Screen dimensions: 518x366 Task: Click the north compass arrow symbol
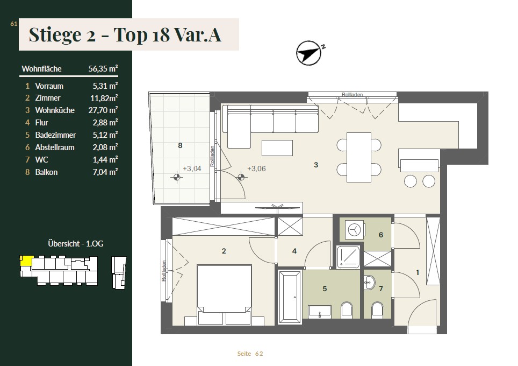click(308, 53)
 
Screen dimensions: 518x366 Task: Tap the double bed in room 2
click(224, 294)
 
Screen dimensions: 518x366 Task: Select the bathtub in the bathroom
click(290, 297)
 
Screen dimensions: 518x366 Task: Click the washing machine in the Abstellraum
click(354, 230)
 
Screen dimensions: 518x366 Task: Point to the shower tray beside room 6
click(348, 257)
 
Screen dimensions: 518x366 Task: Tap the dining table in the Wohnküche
click(359, 157)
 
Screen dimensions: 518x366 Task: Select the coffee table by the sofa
click(277, 148)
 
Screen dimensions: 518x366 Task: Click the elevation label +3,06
click(256, 168)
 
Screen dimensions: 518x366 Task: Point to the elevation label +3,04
click(192, 168)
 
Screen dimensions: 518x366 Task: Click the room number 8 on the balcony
click(180, 145)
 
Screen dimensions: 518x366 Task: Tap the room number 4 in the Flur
click(294, 251)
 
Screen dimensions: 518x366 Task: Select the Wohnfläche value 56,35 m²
click(103, 68)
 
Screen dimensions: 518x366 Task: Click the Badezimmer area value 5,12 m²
click(105, 135)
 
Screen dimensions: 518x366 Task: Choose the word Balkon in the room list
click(46, 172)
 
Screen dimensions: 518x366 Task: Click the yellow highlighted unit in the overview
click(26, 261)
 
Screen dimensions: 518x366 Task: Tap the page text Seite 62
click(250, 354)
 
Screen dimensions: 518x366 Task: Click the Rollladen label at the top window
click(352, 95)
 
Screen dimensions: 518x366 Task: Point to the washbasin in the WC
click(369, 282)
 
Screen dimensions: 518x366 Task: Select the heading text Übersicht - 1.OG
click(76, 244)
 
